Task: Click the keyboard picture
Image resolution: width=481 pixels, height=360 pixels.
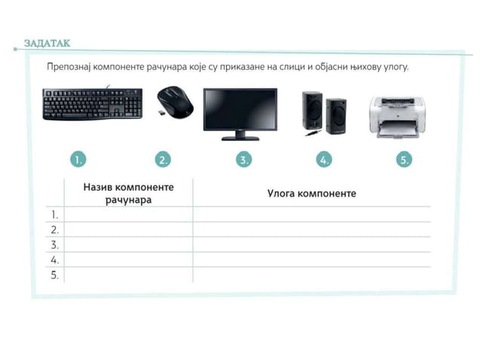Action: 93,104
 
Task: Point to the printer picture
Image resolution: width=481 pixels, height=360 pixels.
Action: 397,116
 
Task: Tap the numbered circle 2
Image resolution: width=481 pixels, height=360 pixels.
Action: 163,160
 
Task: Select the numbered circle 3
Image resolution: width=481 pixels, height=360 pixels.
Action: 244,160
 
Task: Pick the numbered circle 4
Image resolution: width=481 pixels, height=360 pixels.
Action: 324,160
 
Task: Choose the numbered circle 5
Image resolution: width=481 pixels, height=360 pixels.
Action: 405,160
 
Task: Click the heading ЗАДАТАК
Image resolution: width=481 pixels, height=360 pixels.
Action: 47,43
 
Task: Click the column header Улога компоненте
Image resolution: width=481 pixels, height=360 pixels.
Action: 311,194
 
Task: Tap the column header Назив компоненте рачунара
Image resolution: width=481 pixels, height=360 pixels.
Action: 128,193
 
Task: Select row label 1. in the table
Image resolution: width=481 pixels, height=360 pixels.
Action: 54,215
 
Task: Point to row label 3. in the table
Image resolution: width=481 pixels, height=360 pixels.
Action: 54,245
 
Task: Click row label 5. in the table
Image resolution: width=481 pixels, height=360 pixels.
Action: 54,275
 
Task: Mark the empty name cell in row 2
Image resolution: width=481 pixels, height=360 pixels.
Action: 128,230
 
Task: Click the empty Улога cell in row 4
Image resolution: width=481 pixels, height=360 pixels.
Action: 311,260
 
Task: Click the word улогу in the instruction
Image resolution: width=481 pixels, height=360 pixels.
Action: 391,67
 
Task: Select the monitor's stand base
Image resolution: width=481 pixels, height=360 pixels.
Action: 240,139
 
